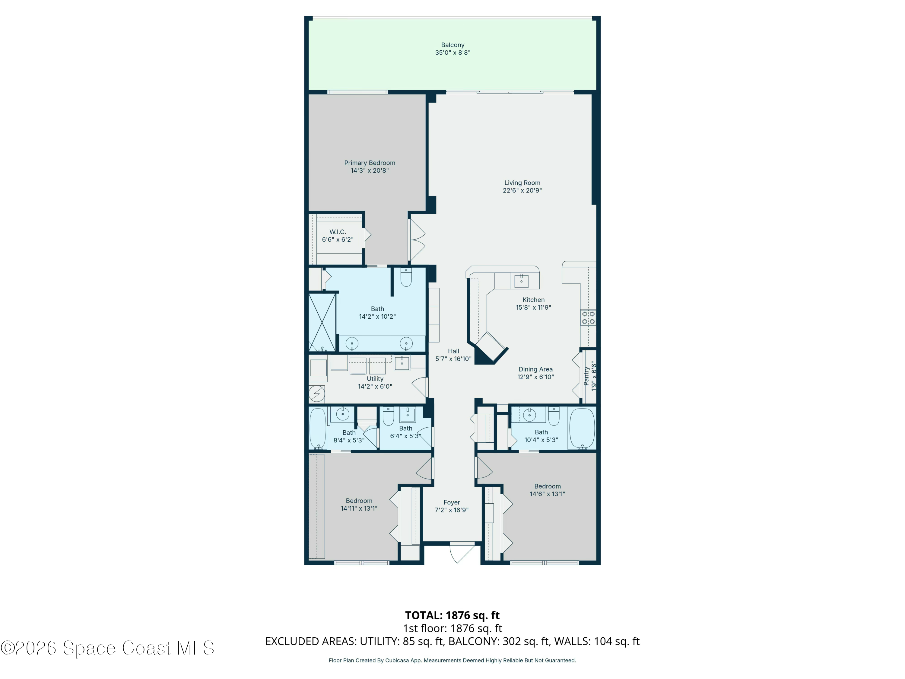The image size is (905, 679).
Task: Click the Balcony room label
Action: pyautogui.click(x=453, y=45)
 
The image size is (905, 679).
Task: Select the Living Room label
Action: pyautogui.click(x=522, y=183)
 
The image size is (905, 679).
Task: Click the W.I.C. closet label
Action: pyautogui.click(x=338, y=232)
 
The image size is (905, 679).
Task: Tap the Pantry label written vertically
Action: pyautogui.click(x=586, y=376)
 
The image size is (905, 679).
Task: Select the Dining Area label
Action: pyautogui.click(x=535, y=369)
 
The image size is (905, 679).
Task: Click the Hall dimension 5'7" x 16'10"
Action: pyautogui.click(x=453, y=359)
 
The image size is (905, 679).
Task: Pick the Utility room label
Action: pyautogui.click(x=375, y=379)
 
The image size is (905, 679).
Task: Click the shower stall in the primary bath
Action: pyautogui.click(x=322, y=322)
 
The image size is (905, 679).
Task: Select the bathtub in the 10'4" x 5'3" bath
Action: pyautogui.click(x=582, y=428)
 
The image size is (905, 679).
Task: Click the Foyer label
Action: pyautogui.click(x=452, y=502)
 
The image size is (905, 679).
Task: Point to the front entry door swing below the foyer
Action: pyautogui.click(x=461, y=553)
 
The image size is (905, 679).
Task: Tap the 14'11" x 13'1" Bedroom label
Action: pyautogui.click(x=359, y=501)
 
